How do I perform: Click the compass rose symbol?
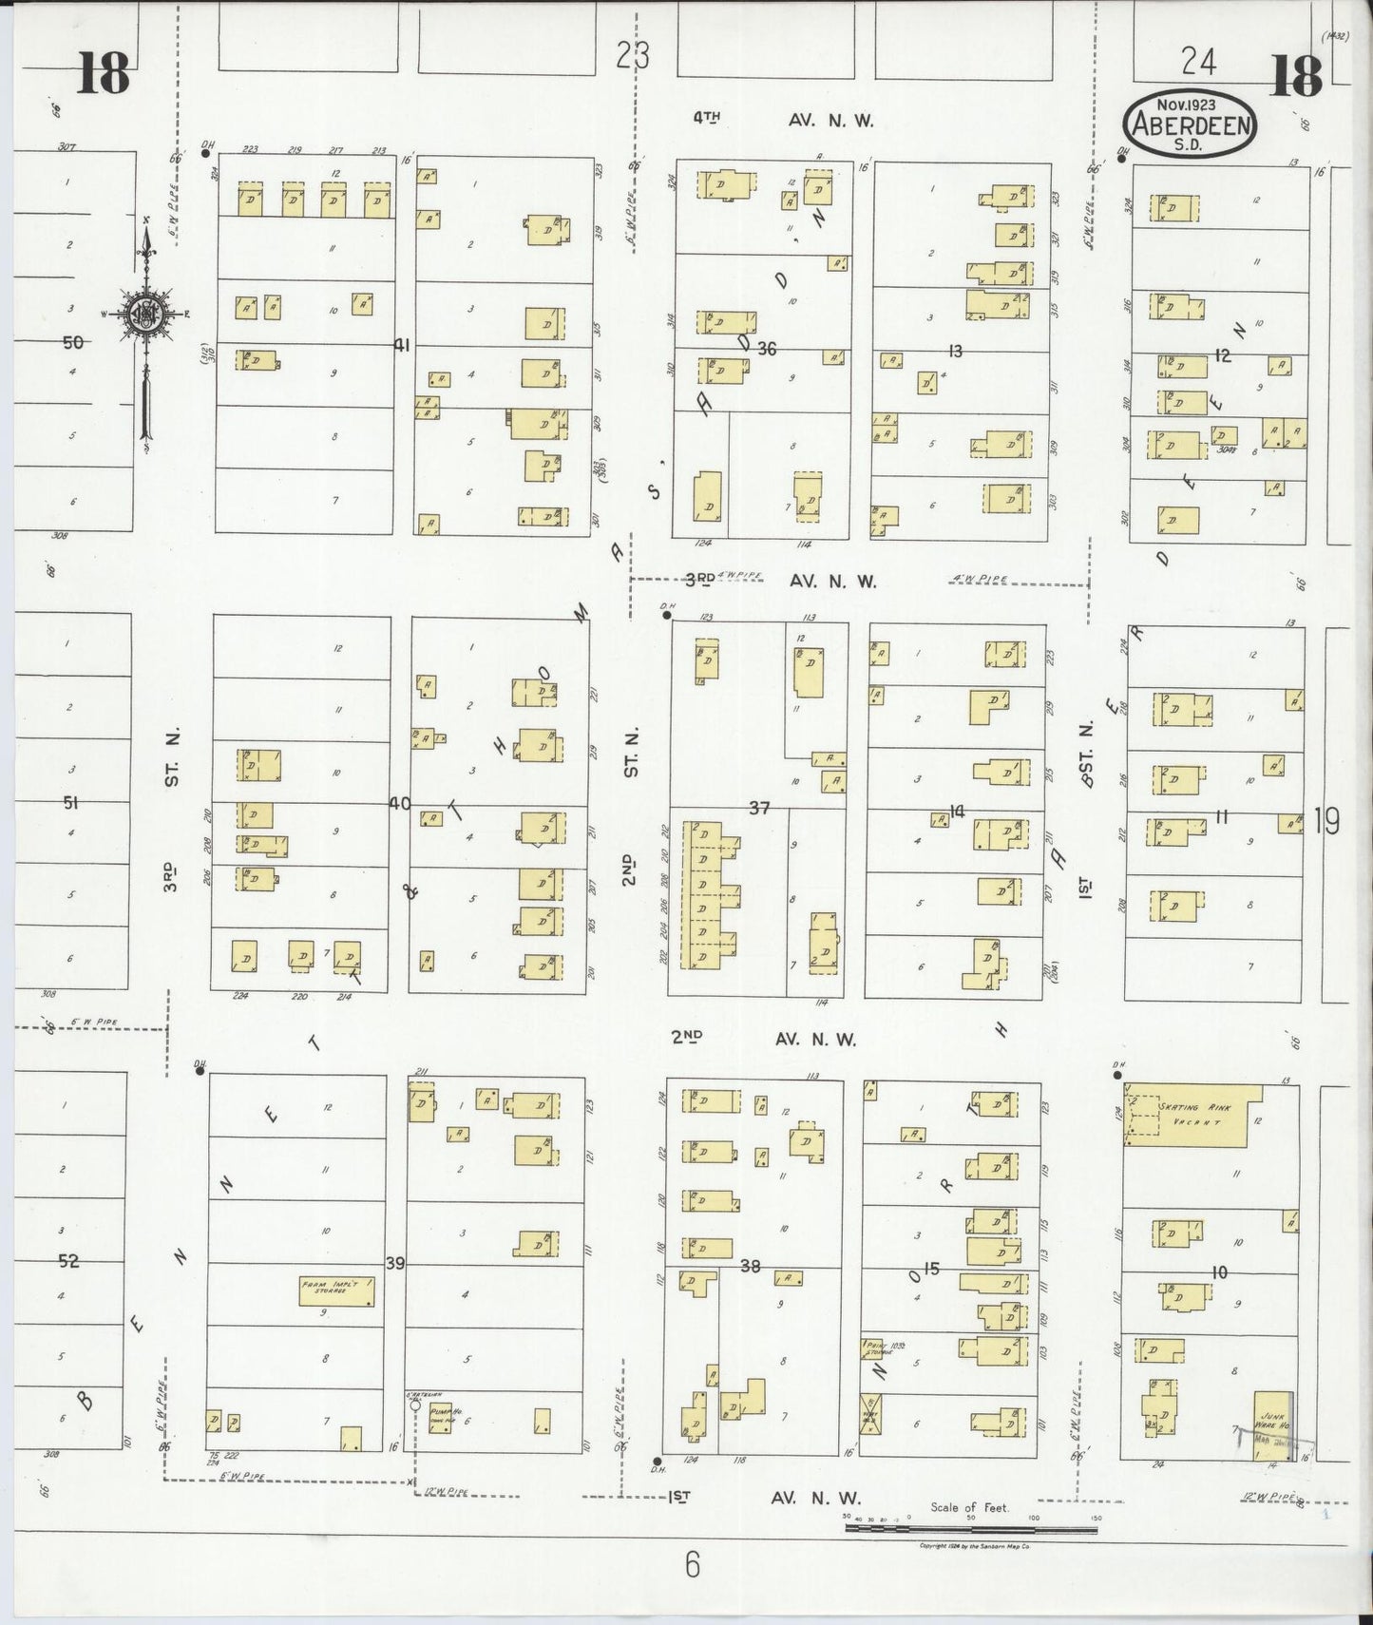(x=146, y=317)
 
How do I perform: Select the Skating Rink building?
(x=1193, y=1115)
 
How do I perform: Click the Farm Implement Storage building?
(x=336, y=1290)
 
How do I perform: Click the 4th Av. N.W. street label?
(x=783, y=120)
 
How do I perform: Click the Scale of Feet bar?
(x=970, y=1528)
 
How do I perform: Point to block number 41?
(x=402, y=346)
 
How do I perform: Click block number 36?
(x=767, y=349)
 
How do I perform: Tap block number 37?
(x=758, y=808)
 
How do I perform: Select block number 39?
(x=395, y=1263)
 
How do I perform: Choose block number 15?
(x=931, y=1268)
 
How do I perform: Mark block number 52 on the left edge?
(x=68, y=1261)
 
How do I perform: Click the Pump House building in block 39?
(x=440, y=1417)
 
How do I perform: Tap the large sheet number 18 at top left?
(x=103, y=73)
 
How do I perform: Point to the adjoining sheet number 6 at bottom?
(x=692, y=1563)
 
